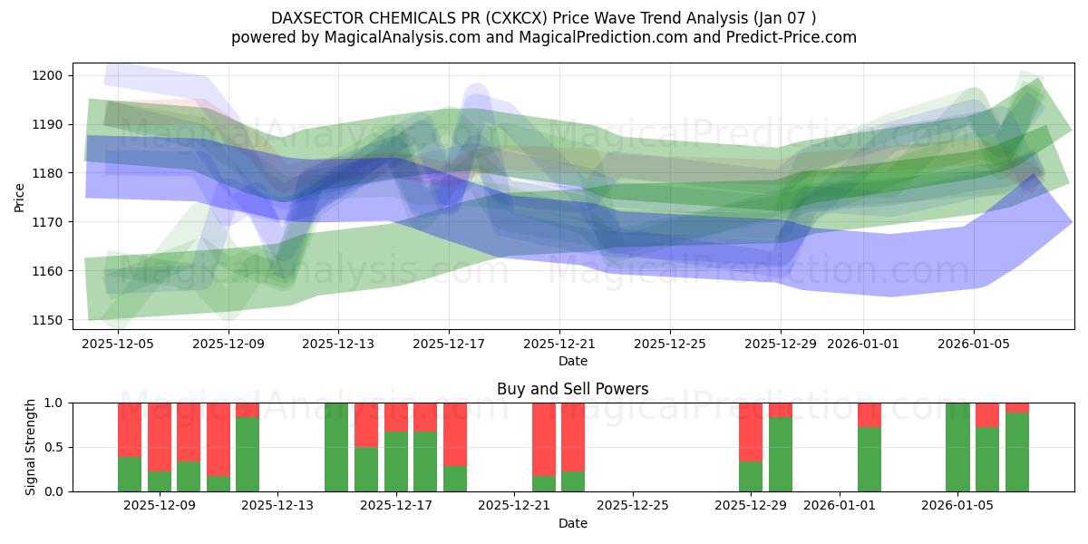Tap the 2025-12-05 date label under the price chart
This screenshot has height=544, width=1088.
117,345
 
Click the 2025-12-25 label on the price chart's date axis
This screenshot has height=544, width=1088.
670,345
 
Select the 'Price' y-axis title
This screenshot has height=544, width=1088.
19,197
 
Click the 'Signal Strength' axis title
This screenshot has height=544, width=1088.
31,447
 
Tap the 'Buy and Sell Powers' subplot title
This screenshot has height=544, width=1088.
572,389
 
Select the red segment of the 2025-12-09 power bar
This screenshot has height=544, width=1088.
160,436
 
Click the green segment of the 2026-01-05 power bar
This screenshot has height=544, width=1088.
957,447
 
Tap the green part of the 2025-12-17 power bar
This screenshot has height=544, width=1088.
396,461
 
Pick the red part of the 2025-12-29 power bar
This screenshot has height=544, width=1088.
751,432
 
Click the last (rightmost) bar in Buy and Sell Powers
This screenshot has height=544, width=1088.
1017,452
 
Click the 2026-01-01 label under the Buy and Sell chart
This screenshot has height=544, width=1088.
840,506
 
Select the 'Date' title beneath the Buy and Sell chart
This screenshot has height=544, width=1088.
572,523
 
